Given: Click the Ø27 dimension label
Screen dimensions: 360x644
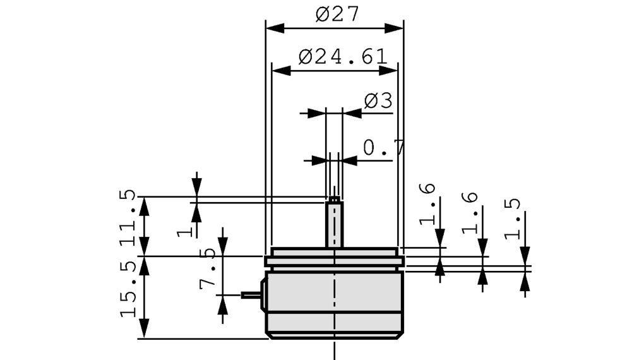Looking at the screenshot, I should click(x=337, y=14).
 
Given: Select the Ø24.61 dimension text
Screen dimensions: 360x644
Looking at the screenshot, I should click(x=343, y=57).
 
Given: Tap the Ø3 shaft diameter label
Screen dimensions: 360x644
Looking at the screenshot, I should click(x=378, y=100).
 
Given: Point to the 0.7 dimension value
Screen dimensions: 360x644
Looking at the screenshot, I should click(x=383, y=148).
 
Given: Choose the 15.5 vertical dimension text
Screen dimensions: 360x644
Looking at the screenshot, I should click(x=128, y=287).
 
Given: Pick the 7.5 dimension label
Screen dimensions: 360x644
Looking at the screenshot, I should click(x=208, y=268).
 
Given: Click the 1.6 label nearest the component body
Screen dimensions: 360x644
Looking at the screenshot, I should click(x=427, y=203).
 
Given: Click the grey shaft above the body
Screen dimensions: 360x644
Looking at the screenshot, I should click(x=334, y=224).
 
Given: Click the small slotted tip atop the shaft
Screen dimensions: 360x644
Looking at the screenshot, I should click(x=334, y=199).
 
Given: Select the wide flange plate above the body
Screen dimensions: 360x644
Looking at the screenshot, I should click(x=334, y=261).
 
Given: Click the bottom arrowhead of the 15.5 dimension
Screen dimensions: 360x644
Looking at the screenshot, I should click(x=145, y=330).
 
